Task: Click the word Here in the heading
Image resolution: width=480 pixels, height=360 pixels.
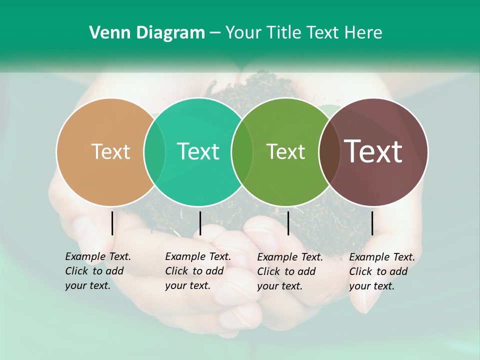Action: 363,33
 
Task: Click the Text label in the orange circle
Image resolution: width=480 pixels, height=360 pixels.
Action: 110,151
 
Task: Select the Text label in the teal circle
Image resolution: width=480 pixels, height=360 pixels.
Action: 198,151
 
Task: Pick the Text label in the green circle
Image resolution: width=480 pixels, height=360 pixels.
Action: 285,151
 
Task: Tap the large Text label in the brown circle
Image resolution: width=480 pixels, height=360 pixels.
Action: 373,151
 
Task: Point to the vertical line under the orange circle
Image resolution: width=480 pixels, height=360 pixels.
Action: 112,223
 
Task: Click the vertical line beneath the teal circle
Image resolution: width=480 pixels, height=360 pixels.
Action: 200,223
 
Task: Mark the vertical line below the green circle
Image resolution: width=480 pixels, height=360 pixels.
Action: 288,223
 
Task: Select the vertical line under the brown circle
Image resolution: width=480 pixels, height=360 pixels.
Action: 372,223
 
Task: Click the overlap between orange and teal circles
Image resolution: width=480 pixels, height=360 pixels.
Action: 154,151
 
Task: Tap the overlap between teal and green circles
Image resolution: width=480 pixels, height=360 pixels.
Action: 242,151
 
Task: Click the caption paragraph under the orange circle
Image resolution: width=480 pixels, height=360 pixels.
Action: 98,271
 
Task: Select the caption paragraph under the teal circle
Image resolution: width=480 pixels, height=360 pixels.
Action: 198,271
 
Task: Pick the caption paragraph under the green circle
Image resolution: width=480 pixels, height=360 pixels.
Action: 290,271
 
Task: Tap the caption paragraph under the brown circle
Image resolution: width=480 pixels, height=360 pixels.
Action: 382,271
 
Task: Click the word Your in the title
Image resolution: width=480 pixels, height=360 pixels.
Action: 243,33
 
